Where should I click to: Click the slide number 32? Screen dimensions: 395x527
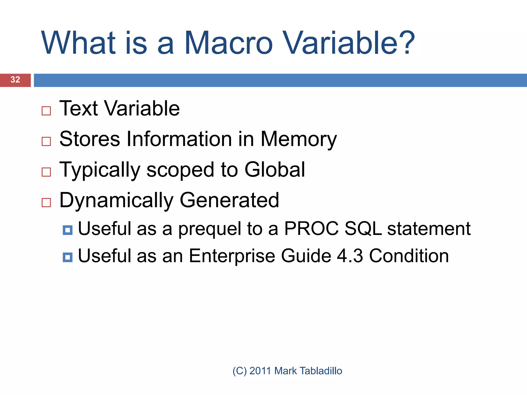tap(15, 80)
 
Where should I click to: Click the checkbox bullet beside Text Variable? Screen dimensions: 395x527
tap(46, 111)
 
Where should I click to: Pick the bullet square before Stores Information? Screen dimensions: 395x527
tap(46, 141)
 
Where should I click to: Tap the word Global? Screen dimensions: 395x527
tap(275, 170)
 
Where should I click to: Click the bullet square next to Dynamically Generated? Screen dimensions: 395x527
tap(46, 203)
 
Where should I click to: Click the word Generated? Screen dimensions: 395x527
tap(229, 200)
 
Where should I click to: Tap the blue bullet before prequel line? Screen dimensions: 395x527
tap(68, 230)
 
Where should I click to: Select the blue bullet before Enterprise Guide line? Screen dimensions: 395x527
tap(68, 257)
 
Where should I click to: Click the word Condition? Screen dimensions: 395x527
tap(409, 256)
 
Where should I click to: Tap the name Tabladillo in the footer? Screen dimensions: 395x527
tap(321, 371)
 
